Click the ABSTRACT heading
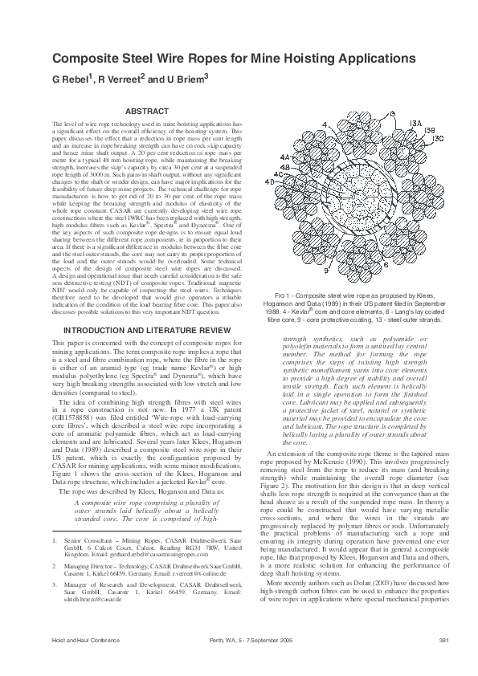pos(148,111)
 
